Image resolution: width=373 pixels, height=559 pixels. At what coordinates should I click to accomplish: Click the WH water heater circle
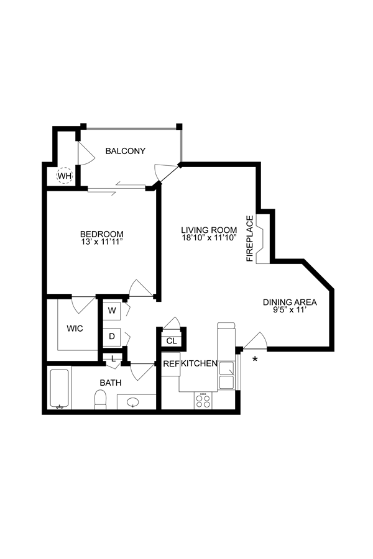tap(65, 176)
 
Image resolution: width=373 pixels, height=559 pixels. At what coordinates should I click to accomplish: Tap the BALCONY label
tap(125, 151)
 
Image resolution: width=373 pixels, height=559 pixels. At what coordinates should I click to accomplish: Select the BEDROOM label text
tap(102, 234)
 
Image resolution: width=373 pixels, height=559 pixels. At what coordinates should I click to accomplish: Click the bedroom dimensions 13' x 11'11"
tap(102, 242)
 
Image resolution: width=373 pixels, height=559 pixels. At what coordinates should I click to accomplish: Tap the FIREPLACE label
tap(250, 239)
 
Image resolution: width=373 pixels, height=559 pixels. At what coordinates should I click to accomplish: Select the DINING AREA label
tap(290, 302)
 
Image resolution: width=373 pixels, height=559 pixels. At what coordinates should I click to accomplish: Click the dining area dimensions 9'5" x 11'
tap(290, 311)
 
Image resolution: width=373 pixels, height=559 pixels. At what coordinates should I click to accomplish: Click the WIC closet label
tap(75, 328)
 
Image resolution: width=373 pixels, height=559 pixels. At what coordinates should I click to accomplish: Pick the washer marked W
tap(113, 310)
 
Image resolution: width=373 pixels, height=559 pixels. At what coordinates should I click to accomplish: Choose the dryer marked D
tap(113, 336)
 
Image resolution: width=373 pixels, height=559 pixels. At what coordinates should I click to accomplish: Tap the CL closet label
tap(172, 341)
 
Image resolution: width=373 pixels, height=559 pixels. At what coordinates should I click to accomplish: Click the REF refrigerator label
tap(171, 364)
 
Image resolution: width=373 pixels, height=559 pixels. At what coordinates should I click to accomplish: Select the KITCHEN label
tap(199, 364)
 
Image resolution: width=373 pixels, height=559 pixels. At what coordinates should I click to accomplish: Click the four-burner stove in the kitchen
tap(203, 400)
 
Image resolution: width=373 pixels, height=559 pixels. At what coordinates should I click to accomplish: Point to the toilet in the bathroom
tap(101, 399)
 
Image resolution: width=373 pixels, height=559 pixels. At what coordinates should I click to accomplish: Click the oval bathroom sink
tap(134, 402)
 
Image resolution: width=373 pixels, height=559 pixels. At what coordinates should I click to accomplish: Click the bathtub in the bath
tap(60, 389)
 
